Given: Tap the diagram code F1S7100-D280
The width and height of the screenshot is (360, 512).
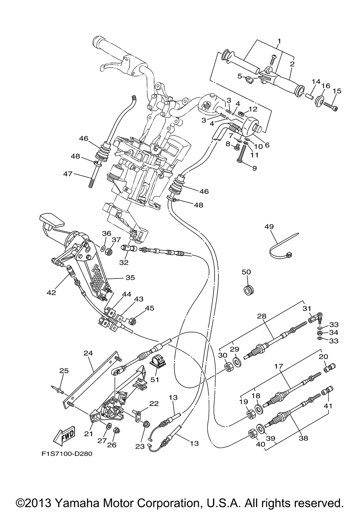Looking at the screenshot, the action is click(x=67, y=454).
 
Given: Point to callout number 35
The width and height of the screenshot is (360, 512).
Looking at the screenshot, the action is click(x=130, y=277).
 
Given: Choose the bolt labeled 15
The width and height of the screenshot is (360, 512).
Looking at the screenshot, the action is click(x=331, y=106).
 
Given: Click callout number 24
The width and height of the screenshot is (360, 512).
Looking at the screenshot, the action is click(x=88, y=353).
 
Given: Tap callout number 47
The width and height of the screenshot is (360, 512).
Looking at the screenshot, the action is click(x=68, y=174).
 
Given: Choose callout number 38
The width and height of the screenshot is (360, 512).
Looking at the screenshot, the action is click(x=303, y=438).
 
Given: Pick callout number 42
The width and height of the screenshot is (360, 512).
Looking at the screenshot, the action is click(x=51, y=293).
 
